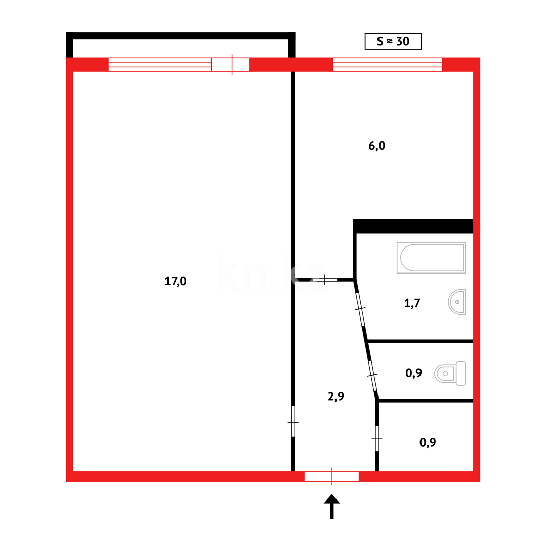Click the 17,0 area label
coord(176,281)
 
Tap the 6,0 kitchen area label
coord(377,146)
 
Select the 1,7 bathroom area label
coord(412,303)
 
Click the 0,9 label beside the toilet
coord(414,373)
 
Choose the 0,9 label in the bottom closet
coord(428,443)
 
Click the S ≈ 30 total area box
coord(393,41)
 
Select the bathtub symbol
coord(431,258)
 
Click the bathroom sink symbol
coord(457,302)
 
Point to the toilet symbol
coord(450,374)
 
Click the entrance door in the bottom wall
coord(331,476)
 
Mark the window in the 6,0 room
coord(387,65)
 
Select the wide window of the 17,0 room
coord(159,65)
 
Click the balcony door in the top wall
coord(231,65)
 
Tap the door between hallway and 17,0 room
coord(293,421)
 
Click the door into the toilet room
coord(372,375)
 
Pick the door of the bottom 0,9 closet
coord(377,438)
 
